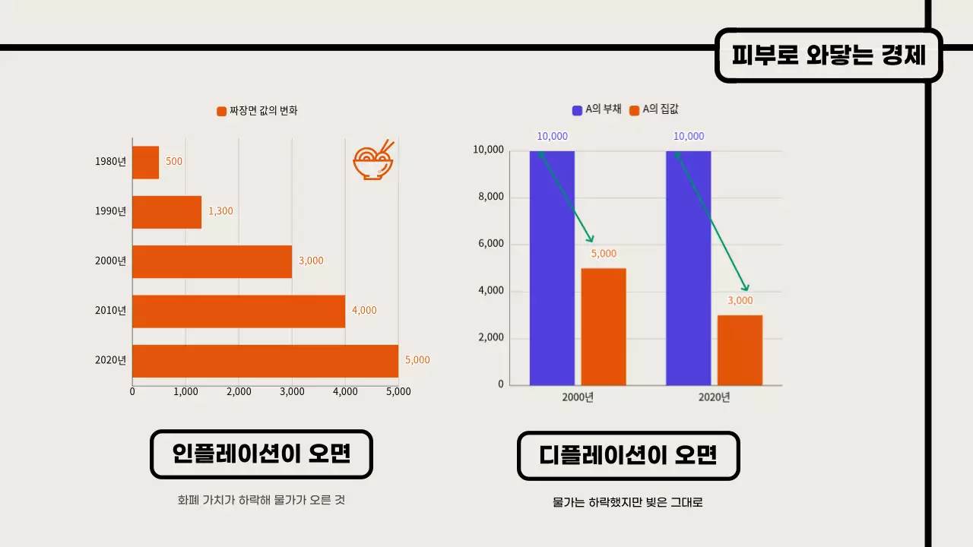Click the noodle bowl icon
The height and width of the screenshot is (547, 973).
tap(373, 160)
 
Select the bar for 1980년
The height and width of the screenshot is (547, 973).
tap(145, 162)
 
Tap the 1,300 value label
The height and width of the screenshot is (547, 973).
tap(220, 211)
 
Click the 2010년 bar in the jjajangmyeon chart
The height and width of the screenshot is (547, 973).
tap(238, 311)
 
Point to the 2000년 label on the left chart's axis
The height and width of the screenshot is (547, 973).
tap(111, 261)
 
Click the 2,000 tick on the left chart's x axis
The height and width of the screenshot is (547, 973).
tap(239, 392)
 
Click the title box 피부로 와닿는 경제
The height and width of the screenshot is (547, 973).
tap(828, 55)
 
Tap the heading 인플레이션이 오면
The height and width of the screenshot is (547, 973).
tap(261, 454)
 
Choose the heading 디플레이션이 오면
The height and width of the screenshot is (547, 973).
tap(628, 456)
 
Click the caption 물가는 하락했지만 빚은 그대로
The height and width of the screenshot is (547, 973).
tap(628, 503)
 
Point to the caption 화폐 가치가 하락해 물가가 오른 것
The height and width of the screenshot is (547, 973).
tap(261, 501)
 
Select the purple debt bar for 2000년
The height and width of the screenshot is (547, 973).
tap(552, 267)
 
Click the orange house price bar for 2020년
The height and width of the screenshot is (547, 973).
tap(740, 349)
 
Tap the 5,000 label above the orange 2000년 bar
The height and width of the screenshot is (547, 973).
tap(604, 254)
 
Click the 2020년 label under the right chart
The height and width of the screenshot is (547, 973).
tap(714, 397)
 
